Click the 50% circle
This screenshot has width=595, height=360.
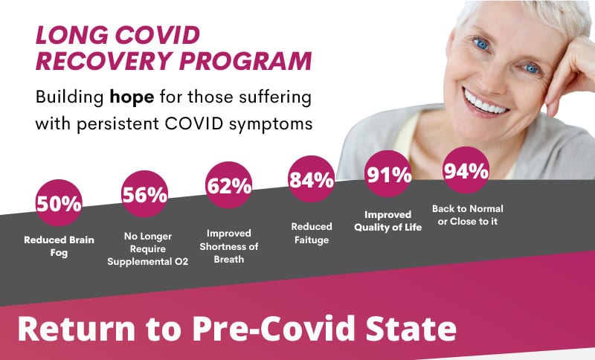(x=59, y=202)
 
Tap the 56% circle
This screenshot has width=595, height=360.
(x=144, y=194)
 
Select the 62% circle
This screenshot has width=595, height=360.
(x=229, y=184)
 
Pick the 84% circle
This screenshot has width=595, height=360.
(x=311, y=179)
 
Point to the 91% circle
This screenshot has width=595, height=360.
(x=388, y=174)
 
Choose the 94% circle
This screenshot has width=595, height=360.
(x=466, y=170)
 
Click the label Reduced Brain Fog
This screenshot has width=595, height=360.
(x=59, y=246)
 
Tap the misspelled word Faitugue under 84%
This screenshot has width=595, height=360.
(x=312, y=240)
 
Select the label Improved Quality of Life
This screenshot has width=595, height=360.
(x=387, y=221)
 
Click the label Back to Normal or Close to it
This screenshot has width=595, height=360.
(x=468, y=215)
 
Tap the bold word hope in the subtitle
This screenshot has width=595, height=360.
(x=132, y=98)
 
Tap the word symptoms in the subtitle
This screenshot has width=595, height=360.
(x=271, y=124)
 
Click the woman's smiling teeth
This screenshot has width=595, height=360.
(x=485, y=103)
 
